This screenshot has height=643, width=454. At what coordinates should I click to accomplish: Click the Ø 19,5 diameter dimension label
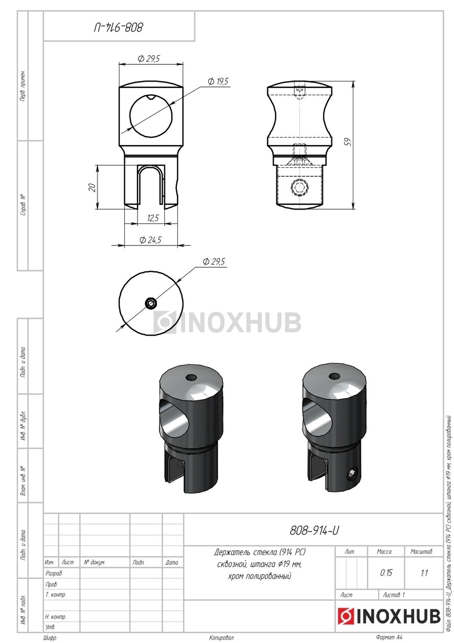tap(218, 81)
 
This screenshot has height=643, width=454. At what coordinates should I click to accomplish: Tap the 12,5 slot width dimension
tap(153, 218)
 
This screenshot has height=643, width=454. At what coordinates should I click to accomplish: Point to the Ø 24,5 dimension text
tap(150, 240)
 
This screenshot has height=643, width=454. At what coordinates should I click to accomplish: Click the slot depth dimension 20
tap(92, 188)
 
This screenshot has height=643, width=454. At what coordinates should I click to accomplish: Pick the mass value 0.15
tap(386, 573)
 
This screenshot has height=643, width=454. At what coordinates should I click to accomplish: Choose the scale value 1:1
tap(424, 573)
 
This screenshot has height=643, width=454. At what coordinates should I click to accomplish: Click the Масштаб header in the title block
tap(421, 551)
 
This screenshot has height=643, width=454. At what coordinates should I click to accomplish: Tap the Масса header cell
tap(384, 551)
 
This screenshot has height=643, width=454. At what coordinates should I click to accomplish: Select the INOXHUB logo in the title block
tap(389, 616)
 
